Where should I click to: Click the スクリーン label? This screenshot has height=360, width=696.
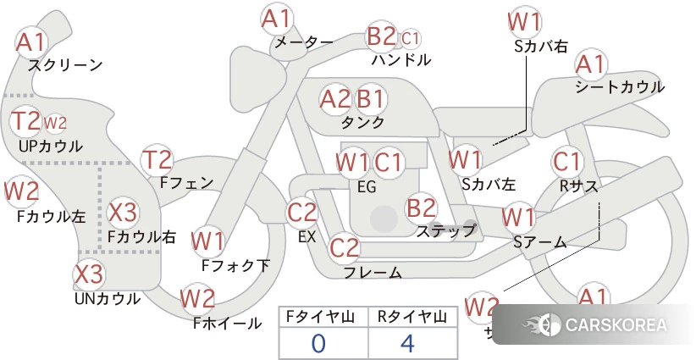tap(65, 64)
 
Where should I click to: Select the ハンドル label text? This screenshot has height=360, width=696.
tap(401, 60)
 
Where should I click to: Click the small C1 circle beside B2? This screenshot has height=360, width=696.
tap(411, 38)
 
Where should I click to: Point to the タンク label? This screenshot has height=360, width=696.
tap(362, 122)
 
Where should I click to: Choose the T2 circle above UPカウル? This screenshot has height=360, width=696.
tap(26, 122)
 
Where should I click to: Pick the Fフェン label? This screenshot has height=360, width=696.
tap(186, 181)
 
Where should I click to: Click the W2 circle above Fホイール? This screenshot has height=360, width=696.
tap(198, 298)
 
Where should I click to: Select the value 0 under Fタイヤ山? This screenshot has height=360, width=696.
tap(318, 344)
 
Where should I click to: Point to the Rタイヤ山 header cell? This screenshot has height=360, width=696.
tap(412, 318)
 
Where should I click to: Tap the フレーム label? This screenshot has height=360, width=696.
tap(372, 273)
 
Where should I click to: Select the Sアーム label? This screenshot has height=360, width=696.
tap(539, 241)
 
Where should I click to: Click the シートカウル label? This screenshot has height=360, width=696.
tap(619, 86)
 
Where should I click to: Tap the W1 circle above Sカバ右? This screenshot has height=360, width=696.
tap(525, 20)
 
